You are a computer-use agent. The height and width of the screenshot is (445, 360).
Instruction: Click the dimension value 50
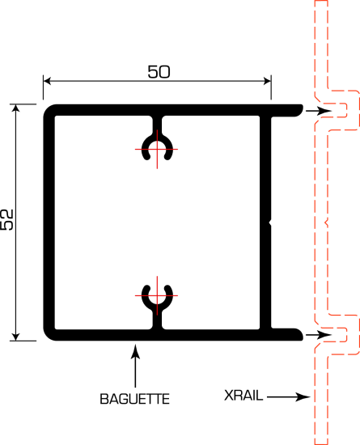coord(159,72)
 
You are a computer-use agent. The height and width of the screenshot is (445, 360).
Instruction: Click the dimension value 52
coord(6,220)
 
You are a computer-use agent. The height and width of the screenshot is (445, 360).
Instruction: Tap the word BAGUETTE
coord(135,399)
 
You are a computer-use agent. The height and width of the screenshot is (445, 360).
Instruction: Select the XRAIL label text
coord(244,396)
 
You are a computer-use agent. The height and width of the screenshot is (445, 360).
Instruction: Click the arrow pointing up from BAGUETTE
coord(135,366)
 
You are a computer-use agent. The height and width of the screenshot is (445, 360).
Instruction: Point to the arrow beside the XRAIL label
coord(289,396)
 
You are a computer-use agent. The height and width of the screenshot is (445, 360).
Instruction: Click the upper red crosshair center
coord(157,149)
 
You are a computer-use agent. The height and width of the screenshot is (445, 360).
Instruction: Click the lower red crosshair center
coord(157,295)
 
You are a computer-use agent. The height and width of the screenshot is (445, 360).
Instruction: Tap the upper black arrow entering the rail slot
coord(319,110)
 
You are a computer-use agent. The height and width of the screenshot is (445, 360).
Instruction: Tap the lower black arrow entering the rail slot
coord(319,335)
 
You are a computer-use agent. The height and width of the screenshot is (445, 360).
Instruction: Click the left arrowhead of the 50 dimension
coord(47,81)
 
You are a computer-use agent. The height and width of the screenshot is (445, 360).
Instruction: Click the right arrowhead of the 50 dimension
coord(267,81)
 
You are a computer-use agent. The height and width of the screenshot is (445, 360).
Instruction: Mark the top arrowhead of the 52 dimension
coord(16,108)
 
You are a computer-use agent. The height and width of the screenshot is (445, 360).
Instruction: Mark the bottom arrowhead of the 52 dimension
coord(16,337)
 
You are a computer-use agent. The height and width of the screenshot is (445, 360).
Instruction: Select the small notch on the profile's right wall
coord(270,222)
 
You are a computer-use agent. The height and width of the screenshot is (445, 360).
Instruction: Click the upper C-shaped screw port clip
coord(157,146)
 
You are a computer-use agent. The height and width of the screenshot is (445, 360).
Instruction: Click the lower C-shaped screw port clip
coord(157,298)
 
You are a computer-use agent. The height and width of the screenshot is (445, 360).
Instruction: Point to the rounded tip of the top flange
coord(301,110)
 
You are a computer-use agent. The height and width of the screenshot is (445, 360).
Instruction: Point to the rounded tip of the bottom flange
coord(301,335)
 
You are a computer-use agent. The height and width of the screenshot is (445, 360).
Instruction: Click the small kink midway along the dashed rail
coord(327,222)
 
